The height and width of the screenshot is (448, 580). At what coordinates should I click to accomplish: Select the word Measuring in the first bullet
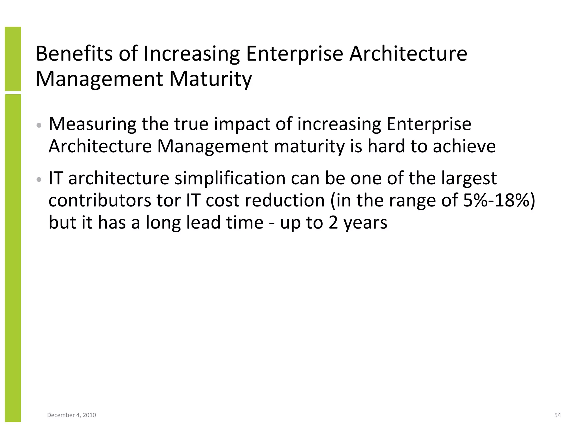[92, 124]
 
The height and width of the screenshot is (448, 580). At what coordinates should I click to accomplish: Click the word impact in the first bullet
[242, 124]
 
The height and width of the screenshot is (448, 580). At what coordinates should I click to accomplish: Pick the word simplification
[230, 178]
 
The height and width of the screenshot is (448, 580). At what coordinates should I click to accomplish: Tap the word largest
[469, 178]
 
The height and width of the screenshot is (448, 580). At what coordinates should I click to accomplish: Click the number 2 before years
[333, 223]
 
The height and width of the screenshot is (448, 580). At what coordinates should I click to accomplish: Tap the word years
[365, 223]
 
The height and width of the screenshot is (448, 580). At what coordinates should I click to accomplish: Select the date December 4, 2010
[71, 415]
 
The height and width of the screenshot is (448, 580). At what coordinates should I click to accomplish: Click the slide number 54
[557, 415]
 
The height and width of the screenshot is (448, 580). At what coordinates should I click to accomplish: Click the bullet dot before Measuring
[39, 125]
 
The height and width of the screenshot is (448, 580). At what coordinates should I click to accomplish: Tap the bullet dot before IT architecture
[39, 179]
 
